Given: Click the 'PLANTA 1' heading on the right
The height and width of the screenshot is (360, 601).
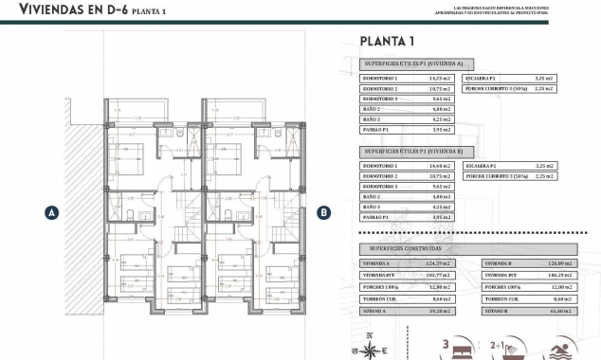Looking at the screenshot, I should tap(387, 41).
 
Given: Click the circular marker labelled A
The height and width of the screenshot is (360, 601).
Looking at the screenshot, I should tap(52, 213).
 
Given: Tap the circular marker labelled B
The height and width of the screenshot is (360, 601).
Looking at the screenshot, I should tap(323, 213).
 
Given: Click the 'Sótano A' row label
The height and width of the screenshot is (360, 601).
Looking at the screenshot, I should tap(374, 309).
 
